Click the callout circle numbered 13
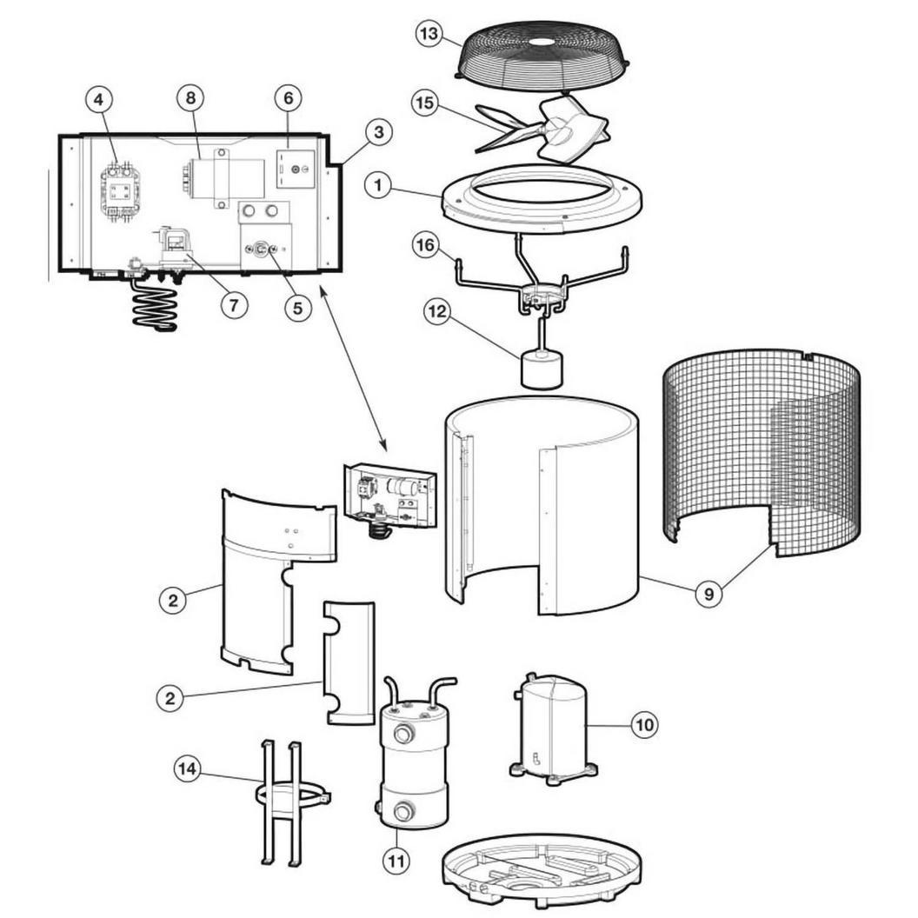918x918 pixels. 429,33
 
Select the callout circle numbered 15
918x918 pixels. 425,103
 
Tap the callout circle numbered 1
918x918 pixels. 378,185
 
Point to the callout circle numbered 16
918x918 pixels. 426,245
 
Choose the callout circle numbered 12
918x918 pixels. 437,311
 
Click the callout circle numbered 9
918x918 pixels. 709,595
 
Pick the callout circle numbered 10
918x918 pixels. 644,725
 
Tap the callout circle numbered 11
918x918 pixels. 396,861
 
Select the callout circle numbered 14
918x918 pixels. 187,768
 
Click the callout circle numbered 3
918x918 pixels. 379,132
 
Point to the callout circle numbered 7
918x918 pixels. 234,305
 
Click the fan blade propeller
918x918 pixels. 542,129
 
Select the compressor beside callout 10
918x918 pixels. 554,728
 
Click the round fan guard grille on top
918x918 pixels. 542,57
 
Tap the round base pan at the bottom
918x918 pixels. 542,872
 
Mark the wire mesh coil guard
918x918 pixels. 762,452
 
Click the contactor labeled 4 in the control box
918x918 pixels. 121,191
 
